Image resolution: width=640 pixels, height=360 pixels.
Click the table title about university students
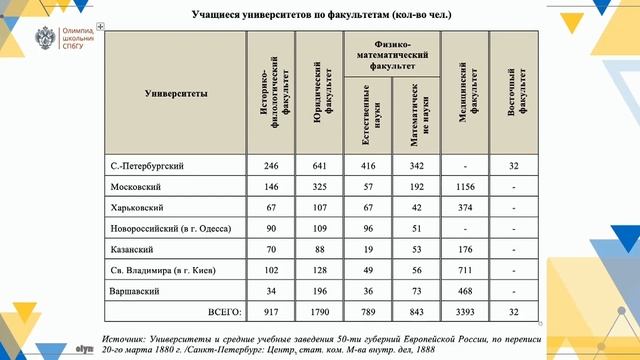[x=321, y=16]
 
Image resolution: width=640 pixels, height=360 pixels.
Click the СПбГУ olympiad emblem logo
[x=44, y=39]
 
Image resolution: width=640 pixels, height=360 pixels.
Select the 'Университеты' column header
[x=176, y=93]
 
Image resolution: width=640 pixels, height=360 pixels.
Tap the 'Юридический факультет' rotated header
[x=319, y=93]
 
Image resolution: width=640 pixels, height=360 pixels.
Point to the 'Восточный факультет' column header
[x=512, y=93]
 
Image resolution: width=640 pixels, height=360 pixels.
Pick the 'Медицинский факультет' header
[x=465, y=93]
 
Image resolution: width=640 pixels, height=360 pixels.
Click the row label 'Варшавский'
[x=134, y=290]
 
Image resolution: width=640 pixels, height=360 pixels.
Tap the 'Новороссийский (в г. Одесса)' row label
[x=164, y=227]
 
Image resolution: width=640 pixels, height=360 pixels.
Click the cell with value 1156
[x=465, y=186]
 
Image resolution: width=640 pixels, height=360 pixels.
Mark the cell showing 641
[x=319, y=165]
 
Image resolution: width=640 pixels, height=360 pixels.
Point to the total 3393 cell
[x=465, y=311]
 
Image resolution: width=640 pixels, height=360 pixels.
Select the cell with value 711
[x=465, y=269]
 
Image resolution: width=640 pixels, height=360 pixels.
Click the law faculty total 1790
[x=319, y=311]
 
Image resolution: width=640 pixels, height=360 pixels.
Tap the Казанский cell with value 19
[x=369, y=248]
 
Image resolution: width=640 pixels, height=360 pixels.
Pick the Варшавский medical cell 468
[x=465, y=290]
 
